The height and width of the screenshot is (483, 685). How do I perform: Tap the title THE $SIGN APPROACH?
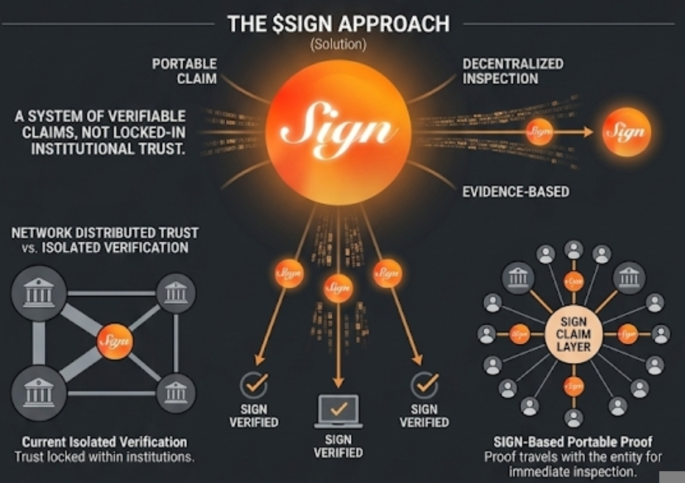(338, 24)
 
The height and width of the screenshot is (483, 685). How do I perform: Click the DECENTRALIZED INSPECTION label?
(513, 71)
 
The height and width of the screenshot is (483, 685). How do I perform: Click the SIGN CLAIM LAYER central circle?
(575, 334)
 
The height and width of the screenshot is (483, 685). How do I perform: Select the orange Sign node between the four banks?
(115, 341)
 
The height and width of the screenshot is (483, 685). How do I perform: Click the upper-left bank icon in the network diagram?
(39, 294)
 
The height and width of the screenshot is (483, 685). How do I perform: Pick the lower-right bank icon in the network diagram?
(176, 393)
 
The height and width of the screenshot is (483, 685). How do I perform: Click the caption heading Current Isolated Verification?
(104, 443)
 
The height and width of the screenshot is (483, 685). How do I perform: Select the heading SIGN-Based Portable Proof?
(574, 443)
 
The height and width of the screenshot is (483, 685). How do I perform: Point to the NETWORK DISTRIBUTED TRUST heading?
(105, 233)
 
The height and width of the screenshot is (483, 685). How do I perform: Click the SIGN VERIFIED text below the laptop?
(338, 446)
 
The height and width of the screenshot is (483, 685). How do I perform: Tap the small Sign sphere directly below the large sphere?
(338, 287)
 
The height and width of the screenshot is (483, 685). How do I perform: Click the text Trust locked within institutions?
(104, 457)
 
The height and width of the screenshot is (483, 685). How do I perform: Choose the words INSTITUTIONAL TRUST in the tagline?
(108, 148)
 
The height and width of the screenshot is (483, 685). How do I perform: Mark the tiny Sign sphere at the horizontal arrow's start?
(539, 132)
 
